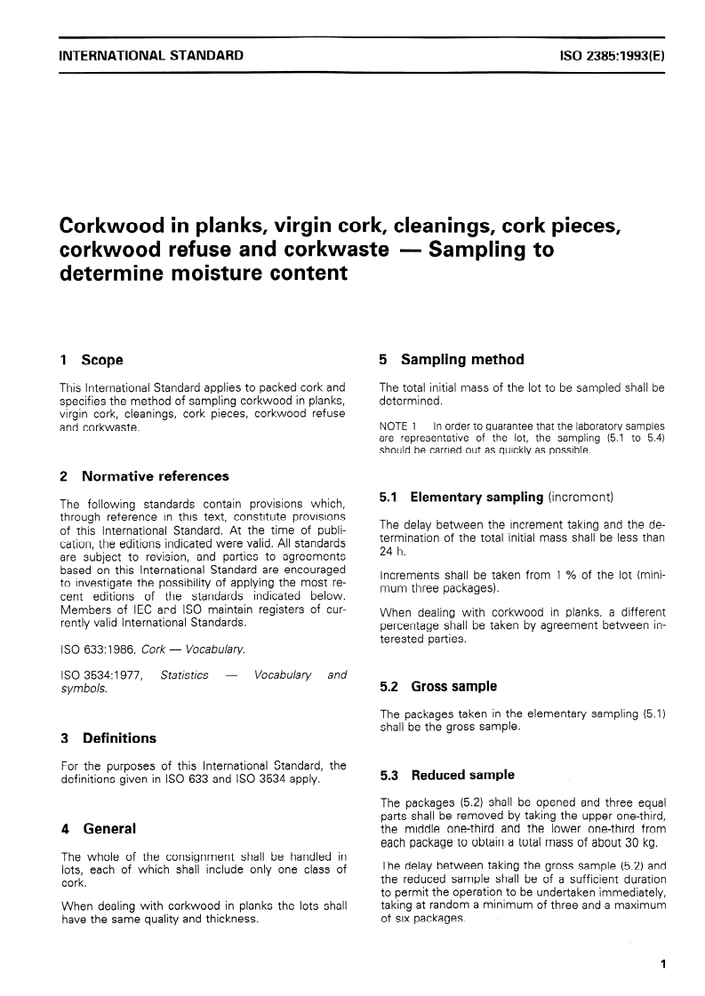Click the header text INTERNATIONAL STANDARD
pos(150,56)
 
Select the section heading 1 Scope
pos(91,360)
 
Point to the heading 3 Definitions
pos(108,737)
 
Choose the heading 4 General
pos(98,828)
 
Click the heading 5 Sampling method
pos(452,360)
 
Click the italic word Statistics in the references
pos(184,674)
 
